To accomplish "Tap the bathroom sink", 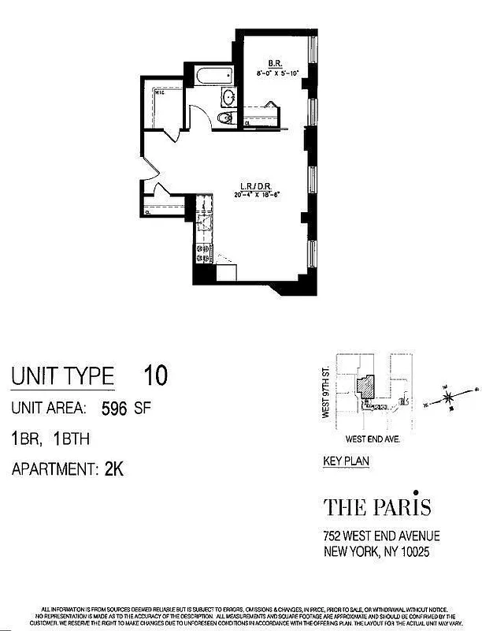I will tap(228, 99).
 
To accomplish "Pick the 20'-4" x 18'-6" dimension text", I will tap(254, 197).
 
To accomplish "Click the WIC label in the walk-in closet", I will tap(158, 91).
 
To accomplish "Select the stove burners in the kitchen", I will tap(202, 252).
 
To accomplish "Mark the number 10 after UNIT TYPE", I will tap(155, 375).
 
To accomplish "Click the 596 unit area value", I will tap(115, 409).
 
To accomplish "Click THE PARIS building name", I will tap(377, 506).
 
